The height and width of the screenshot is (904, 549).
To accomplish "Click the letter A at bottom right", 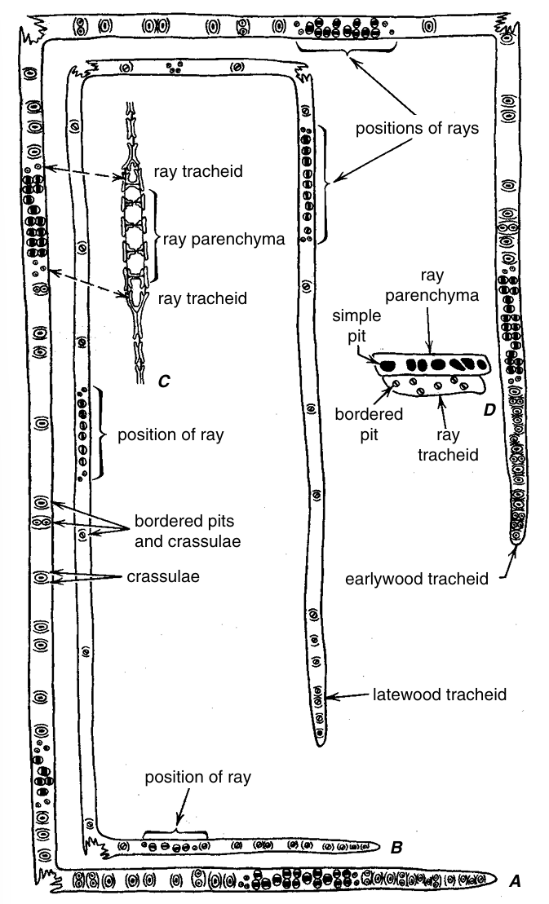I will click(x=514, y=880).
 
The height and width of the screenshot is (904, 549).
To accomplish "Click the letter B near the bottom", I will click(x=396, y=848).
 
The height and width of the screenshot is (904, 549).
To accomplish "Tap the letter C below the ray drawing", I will click(x=164, y=380).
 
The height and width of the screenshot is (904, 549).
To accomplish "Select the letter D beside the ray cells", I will click(x=489, y=410).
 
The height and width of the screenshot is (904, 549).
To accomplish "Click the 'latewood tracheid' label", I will click(x=440, y=695).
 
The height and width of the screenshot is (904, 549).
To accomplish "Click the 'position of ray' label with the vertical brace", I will click(x=170, y=434).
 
